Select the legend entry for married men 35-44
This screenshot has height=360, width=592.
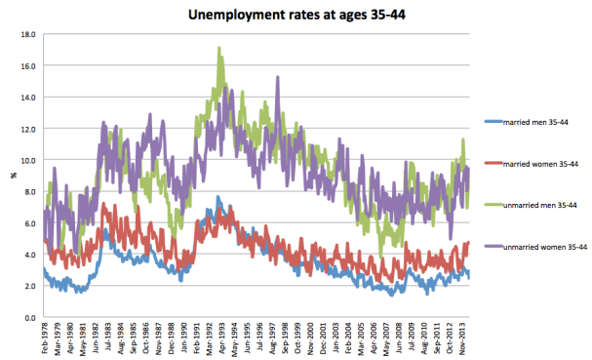pos(535,121)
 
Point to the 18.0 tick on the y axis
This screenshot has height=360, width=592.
pos(28,34)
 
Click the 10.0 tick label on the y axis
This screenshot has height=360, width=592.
pos(28,160)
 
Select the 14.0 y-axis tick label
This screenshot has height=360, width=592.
pos(28,98)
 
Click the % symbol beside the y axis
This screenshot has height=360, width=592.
pos(13,176)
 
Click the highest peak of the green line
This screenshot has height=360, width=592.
pos(219,48)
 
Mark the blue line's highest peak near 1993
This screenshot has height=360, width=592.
pos(219,197)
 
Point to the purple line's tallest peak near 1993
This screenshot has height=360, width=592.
pos(226,86)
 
